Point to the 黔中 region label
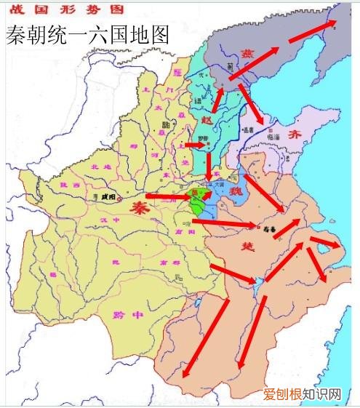125,313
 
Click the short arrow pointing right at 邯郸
196,145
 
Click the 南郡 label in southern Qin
173,262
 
